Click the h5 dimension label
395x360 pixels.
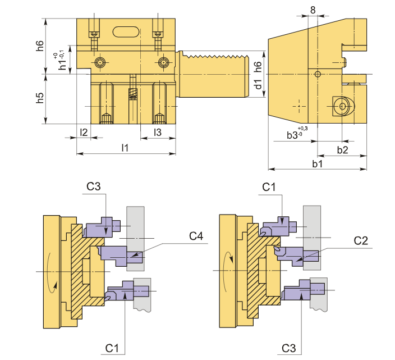pos(40,98)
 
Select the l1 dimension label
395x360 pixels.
pos(125,148)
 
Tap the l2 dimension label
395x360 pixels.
pos(84,132)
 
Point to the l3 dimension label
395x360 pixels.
pos(158,132)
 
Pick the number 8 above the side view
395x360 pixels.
pos(313,10)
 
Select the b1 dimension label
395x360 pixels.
pos(317,164)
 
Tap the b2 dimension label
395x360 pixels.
pos(342,150)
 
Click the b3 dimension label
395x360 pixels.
pos(297,133)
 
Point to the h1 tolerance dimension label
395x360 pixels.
pos(61,60)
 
